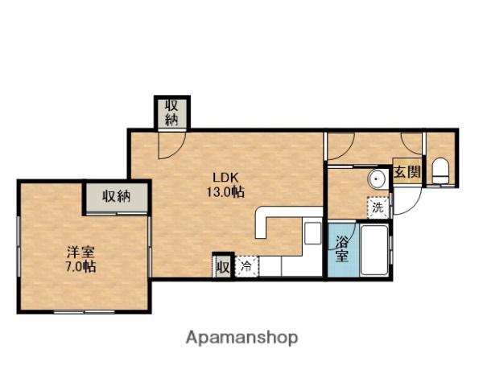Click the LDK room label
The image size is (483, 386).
(225, 177)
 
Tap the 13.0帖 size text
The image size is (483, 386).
(225, 192)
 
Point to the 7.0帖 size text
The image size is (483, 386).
(80, 266)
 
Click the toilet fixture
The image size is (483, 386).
(440, 172)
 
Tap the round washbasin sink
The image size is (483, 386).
(377, 179)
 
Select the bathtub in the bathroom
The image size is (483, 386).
(374, 250)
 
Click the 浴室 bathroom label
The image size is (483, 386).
(341, 248)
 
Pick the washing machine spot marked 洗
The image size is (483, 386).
(378, 207)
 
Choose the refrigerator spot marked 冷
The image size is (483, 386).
(247, 266)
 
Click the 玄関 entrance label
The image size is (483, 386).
(407, 172)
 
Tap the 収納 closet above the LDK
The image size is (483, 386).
(171, 113)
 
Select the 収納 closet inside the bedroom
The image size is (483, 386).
(117, 197)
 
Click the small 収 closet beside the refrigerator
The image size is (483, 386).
(223, 266)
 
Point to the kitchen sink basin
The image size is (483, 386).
(312, 232)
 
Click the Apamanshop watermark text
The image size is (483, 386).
(242, 338)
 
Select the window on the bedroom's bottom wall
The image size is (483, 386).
(85, 311)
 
